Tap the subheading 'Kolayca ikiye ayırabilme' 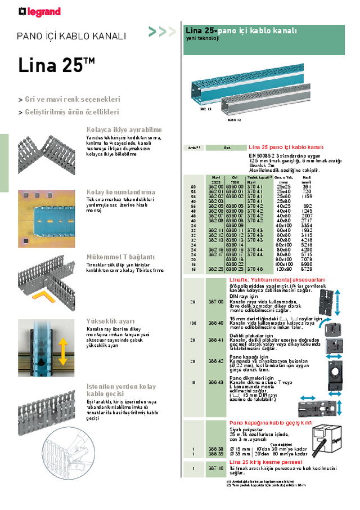124,129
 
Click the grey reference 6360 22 235,264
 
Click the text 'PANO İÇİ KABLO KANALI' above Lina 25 71,37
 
